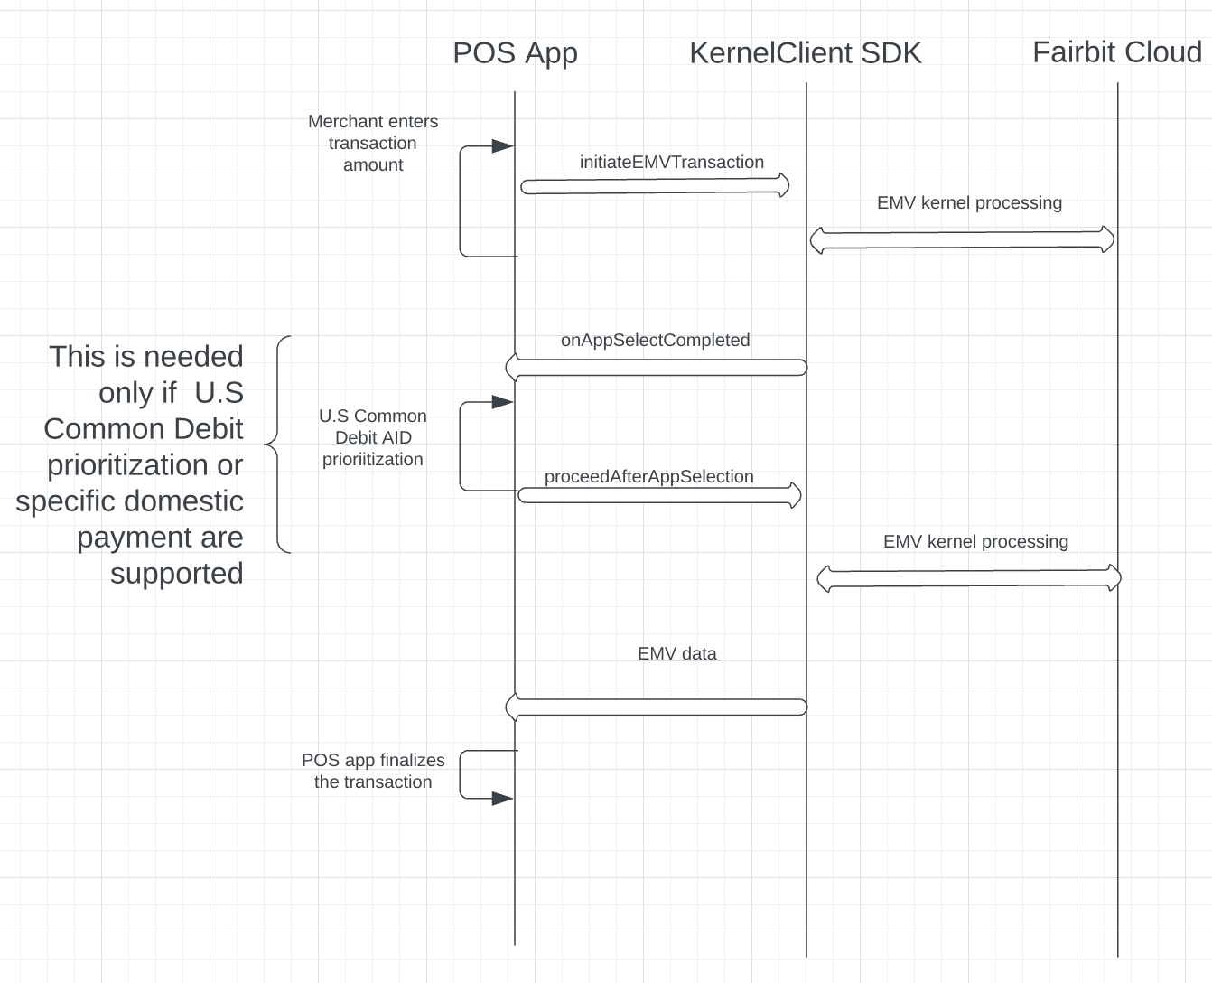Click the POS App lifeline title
pyautogui.click(x=515, y=53)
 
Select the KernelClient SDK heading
pyautogui.click(x=805, y=53)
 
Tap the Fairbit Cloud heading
pyautogui.click(x=1116, y=52)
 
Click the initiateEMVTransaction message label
pyautogui.click(x=671, y=163)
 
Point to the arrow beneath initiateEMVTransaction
pyautogui.click(x=655, y=186)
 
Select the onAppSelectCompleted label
pyautogui.click(x=655, y=341)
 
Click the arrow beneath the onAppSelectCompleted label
pyautogui.click(x=655, y=367)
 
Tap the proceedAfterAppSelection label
pyautogui.click(x=648, y=477)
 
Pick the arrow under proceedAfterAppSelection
pyautogui.click(x=659, y=495)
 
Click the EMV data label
pyautogui.click(x=676, y=654)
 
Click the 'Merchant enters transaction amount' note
pyautogui.click(x=373, y=144)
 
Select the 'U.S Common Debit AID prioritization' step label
pyautogui.click(x=373, y=438)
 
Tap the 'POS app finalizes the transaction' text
pyautogui.click(x=373, y=772)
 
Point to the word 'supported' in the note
pyautogui.click(x=177, y=574)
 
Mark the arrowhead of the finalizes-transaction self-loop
pyautogui.click(x=502, y=799)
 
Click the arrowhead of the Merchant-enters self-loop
pyautogui.click(x=502, y=146)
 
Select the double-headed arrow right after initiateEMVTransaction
pyautogui.click(x=962, y=240)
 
